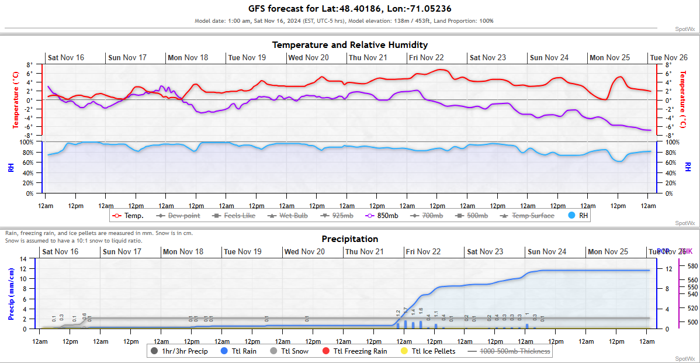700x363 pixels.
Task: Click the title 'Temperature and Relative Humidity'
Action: [x=349, y=45]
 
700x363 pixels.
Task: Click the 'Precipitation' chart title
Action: [x=349, y=239]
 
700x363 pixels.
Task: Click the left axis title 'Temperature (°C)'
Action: [x=16, y=99]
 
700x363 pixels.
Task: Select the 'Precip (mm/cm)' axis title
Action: [x=11, y=293]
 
